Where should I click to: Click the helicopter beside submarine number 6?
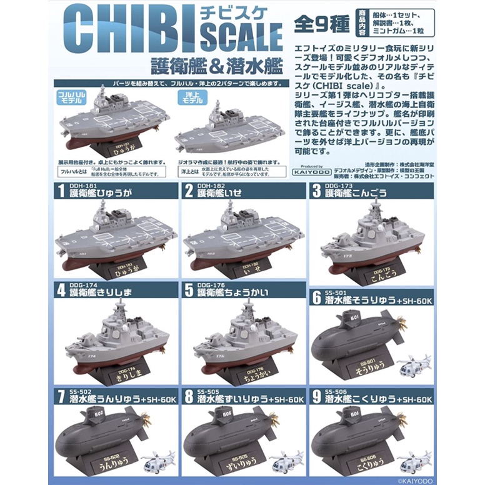[x=414, y=365]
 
